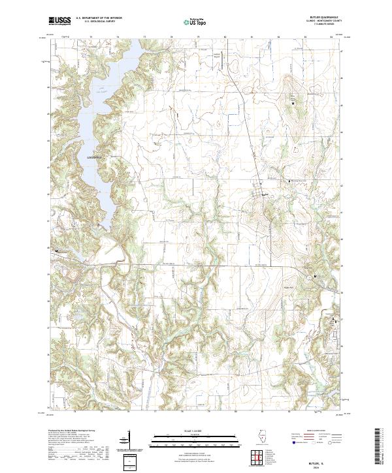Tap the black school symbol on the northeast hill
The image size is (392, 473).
[x=293, y=102]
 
